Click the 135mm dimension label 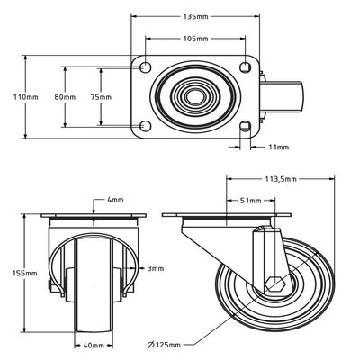point(197,16)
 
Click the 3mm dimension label point(156,267)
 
